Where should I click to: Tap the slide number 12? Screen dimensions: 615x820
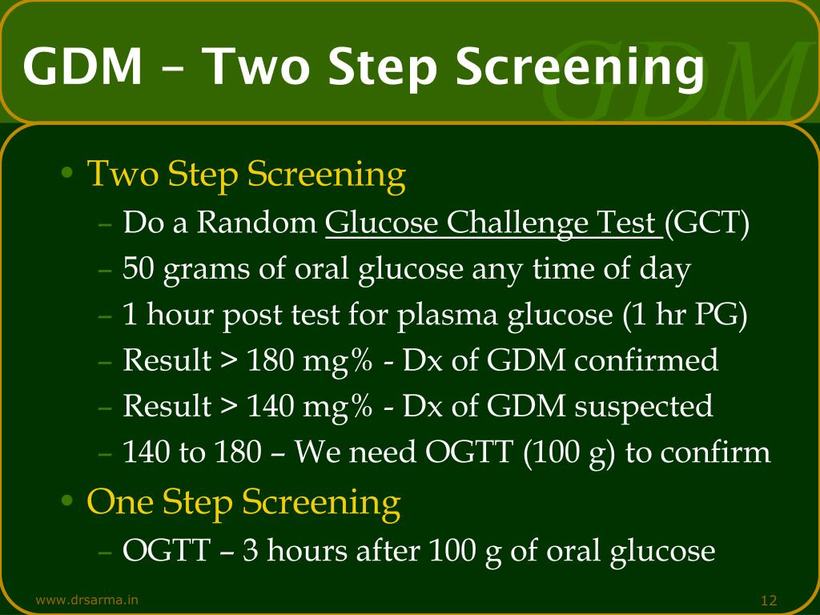pos(770,601)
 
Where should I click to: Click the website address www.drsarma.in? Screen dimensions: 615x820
pos(86,600)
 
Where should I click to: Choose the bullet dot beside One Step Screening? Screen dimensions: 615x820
pos(70,502)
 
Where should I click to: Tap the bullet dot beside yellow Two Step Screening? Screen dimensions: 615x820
pos(70,174)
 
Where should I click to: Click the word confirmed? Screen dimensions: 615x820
pos(647,361)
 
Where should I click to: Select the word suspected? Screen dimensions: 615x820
pos(643,407)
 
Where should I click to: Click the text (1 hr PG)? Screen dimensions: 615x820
pos(685,316)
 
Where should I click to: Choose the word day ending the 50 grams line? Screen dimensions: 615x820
pos(665,270)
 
